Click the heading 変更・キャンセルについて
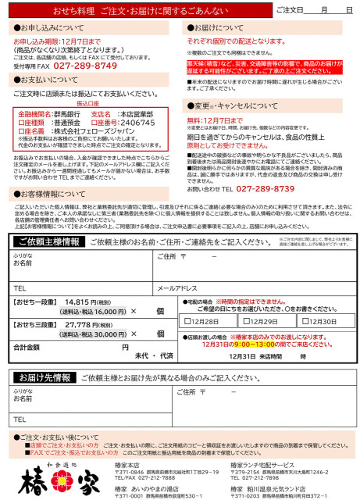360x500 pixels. click(234, 105)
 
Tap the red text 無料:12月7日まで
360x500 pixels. click(215, 120)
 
